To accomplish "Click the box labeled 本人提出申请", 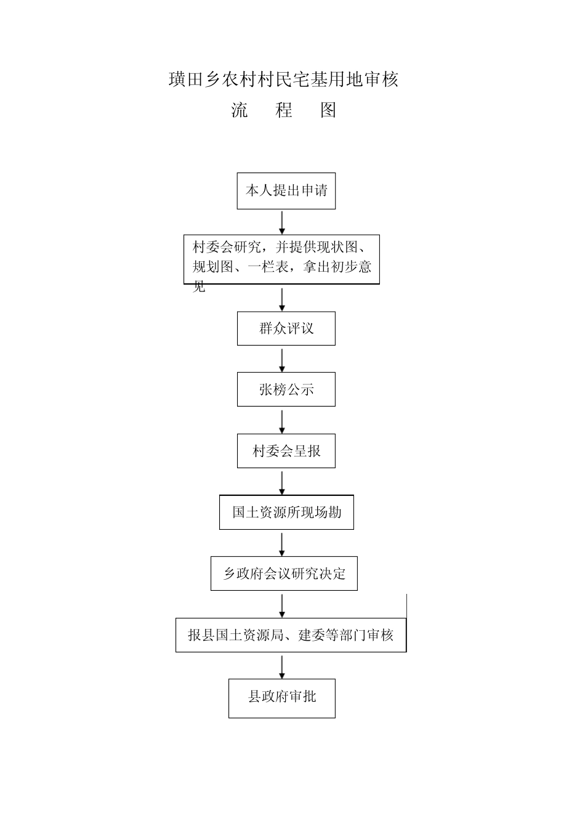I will tap(286, 191).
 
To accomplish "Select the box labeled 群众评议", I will tap(286, 328).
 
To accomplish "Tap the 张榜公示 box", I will tap(286, 389).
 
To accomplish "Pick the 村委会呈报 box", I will tap(286, 451).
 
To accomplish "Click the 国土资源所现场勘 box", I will tap(286, 512).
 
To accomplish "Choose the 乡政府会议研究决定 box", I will tap(284, 574).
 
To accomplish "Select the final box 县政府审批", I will tap(282, 698).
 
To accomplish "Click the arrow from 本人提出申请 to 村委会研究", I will tap(282, 222).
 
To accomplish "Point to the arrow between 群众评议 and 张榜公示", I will tap(282, 360).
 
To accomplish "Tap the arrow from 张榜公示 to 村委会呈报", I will tap(282, 421).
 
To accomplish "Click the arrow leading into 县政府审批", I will tap(282, 667).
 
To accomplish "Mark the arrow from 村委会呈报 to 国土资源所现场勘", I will tap(282, 482).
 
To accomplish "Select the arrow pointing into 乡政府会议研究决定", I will tap(282, 544).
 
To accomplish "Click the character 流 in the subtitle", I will tap(240, 110).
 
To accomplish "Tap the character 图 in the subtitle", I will tap(328, 110).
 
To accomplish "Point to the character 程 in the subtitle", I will tap(284, 110).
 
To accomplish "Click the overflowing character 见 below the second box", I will tap(199, 286).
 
